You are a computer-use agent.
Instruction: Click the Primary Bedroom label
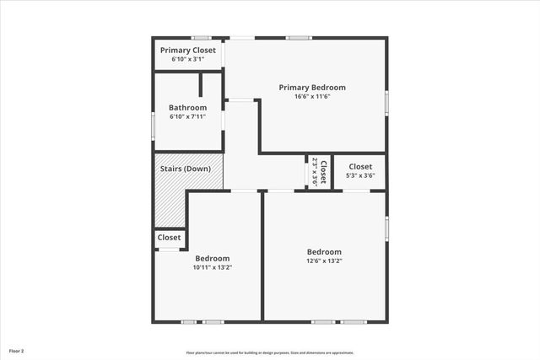coord(312,87)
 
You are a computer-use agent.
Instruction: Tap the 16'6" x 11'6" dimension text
coord(312,97)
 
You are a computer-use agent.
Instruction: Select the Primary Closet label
coord(187,51)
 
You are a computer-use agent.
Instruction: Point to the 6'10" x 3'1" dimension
coord(187,60)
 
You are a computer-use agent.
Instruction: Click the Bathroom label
coord(187,107)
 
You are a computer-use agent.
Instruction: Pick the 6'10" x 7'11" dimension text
coord(187,116)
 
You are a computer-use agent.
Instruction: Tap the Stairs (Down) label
coord(186,169)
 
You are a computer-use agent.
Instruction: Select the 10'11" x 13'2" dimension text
coord(213,267)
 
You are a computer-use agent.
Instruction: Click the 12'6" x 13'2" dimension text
coord(324,261)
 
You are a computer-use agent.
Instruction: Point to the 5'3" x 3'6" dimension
coord(360,175)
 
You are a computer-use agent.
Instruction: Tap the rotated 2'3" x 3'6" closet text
coord(317,172)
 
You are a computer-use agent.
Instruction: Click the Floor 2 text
coord(17,350)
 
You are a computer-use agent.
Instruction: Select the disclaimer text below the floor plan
coord(270,352)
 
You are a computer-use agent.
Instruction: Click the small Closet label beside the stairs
coord(169,238)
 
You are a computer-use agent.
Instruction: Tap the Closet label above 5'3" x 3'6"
coord(360,166)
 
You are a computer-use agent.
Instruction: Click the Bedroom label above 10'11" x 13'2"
coord(213,258)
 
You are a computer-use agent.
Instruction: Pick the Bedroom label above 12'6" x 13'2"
coord(324,251)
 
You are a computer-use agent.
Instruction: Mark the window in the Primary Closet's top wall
coord(201,38)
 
